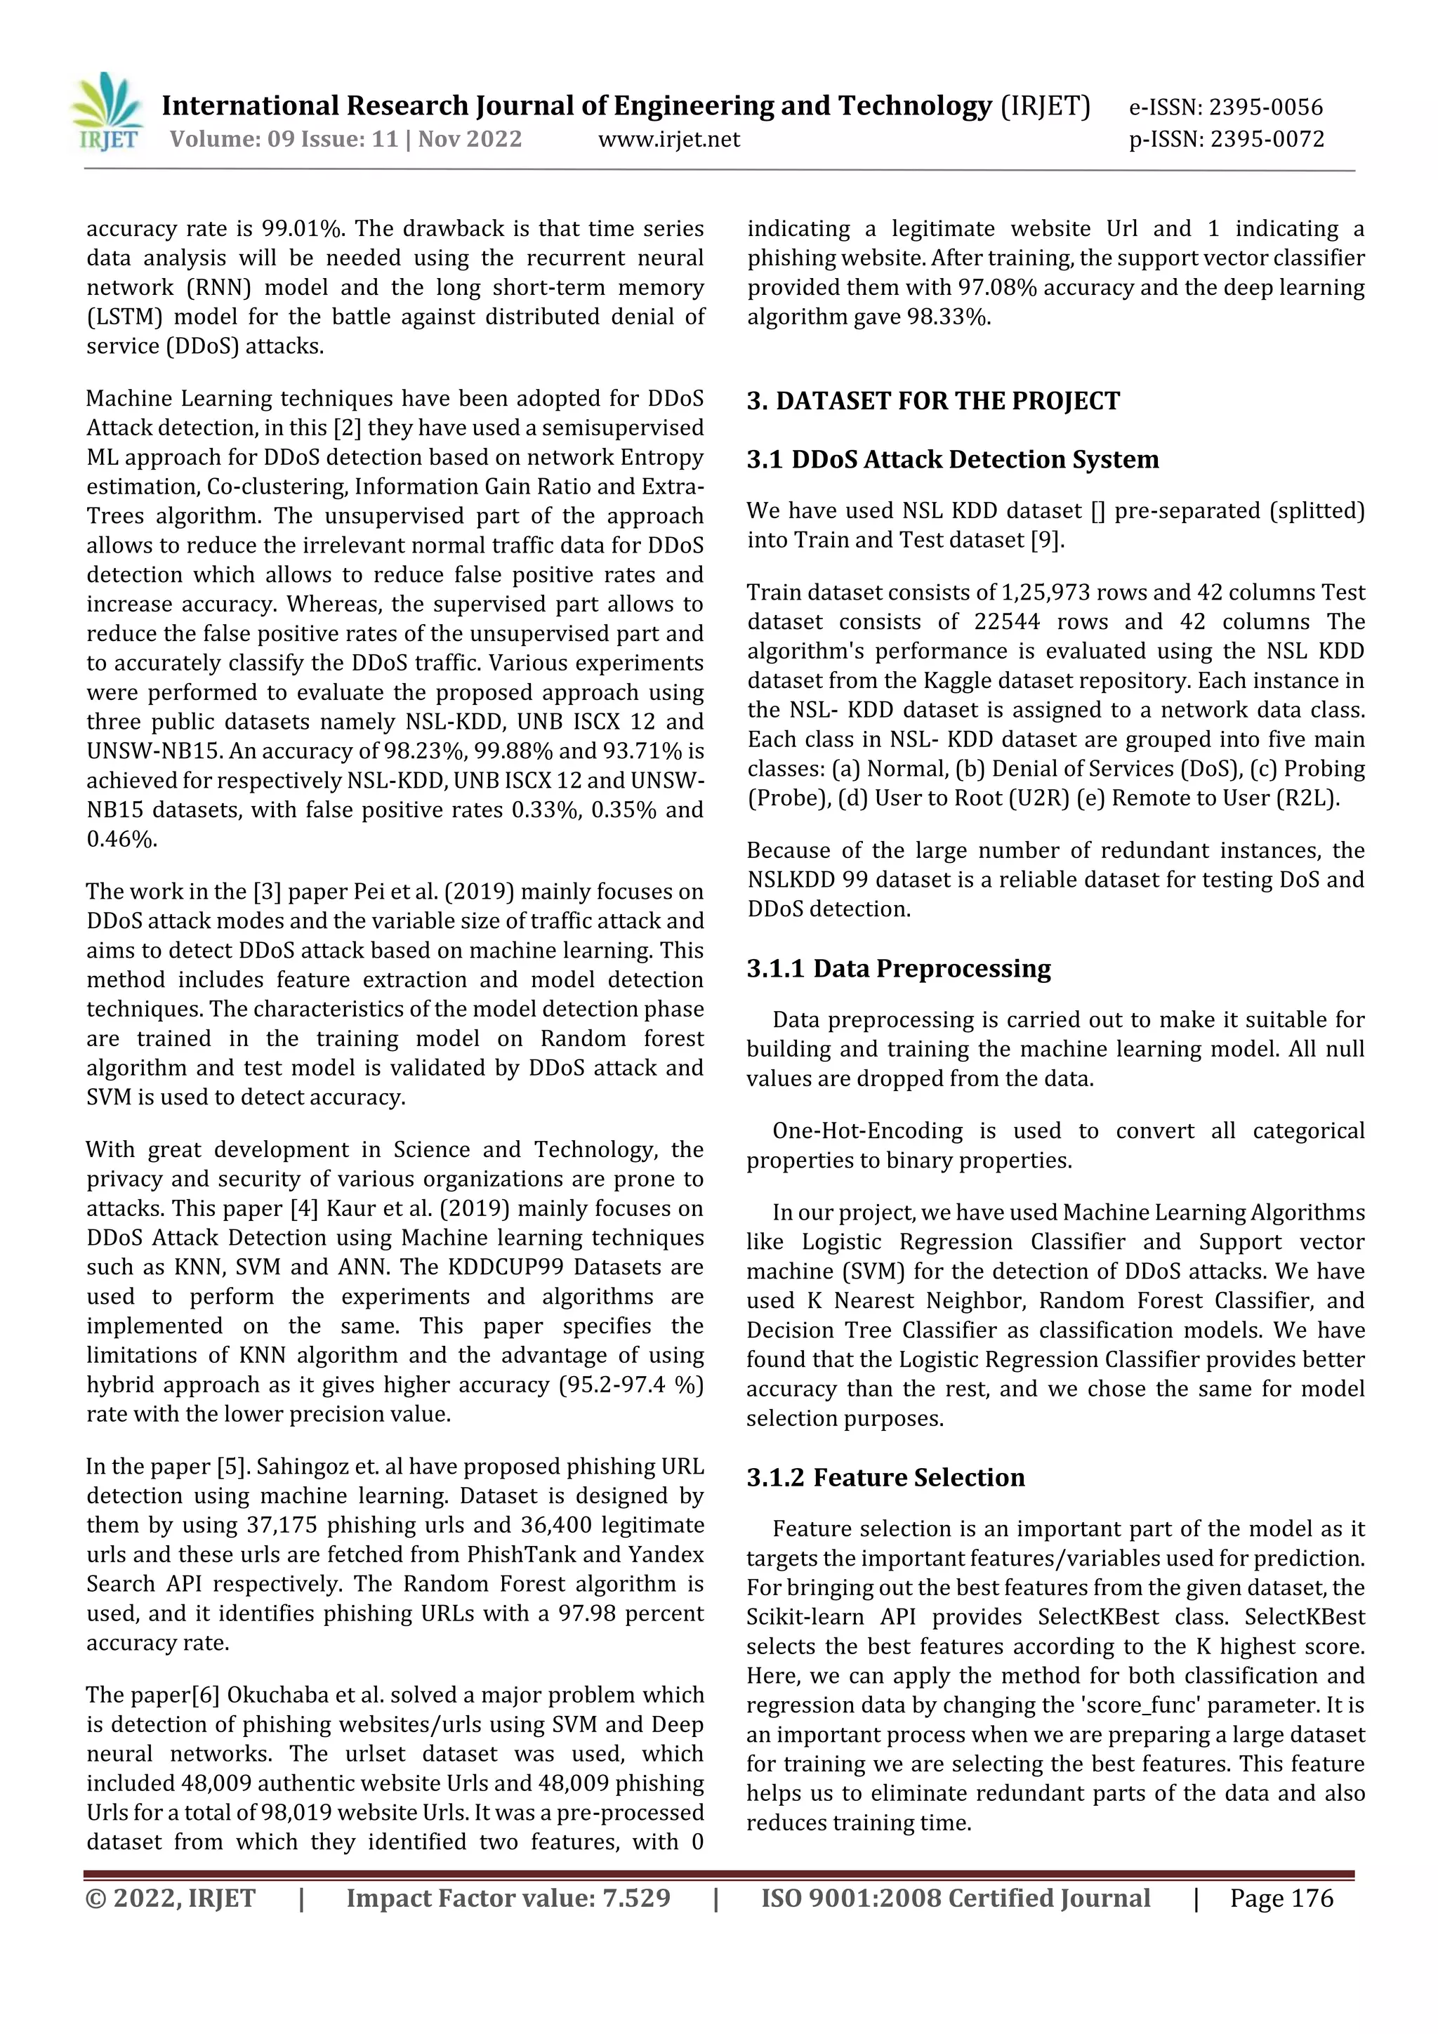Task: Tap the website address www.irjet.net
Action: [669, 139]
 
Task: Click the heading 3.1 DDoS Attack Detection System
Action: [953, 459]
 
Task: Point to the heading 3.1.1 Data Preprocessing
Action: [899, 968]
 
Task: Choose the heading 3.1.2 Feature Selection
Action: [885, 1478]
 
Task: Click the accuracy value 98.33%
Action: [946, 317]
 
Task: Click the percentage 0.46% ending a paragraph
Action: [121, 839]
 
